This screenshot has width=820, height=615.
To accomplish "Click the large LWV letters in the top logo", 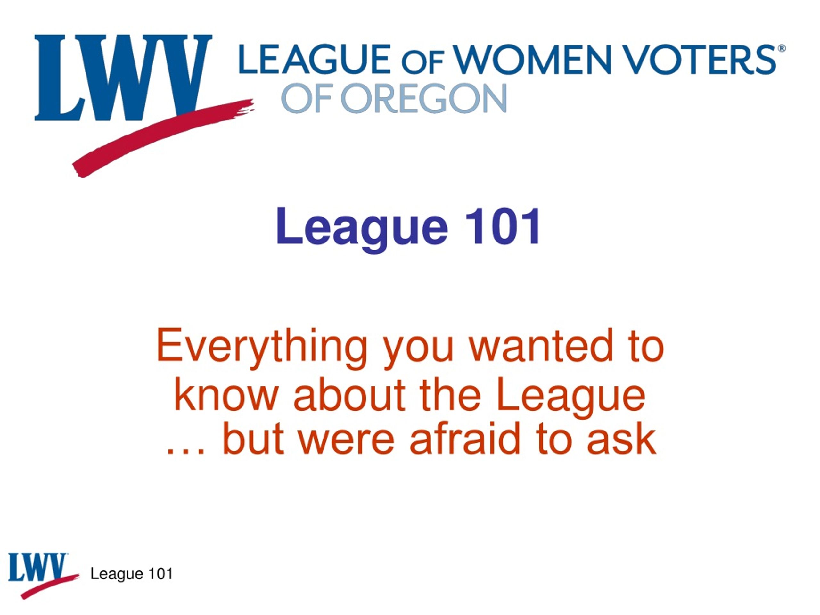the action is click(123, 78).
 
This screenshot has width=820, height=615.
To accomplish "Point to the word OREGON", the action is click(424, 98).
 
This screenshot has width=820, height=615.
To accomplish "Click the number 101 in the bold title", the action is click(503, 226).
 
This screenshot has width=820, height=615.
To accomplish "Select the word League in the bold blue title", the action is click(362, 229).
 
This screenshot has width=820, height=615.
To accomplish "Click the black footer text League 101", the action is click(132, 574).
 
